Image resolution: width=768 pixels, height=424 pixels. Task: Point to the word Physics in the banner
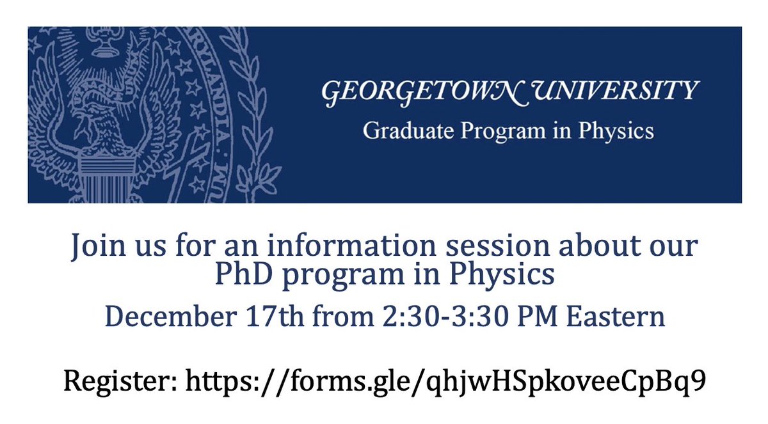(x=616, y=130)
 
